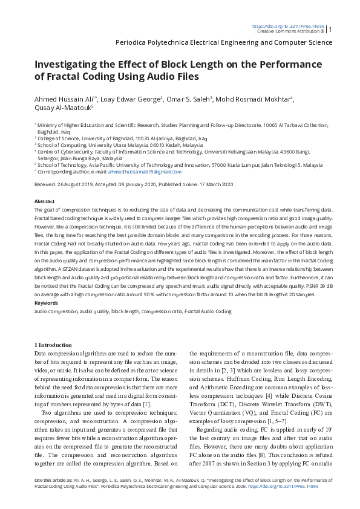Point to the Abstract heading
click(45, 201)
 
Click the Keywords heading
click(47, 303)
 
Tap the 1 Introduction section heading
click(53, 345)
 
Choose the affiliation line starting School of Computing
click(120, 146)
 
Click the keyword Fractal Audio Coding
click(208, 311)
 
